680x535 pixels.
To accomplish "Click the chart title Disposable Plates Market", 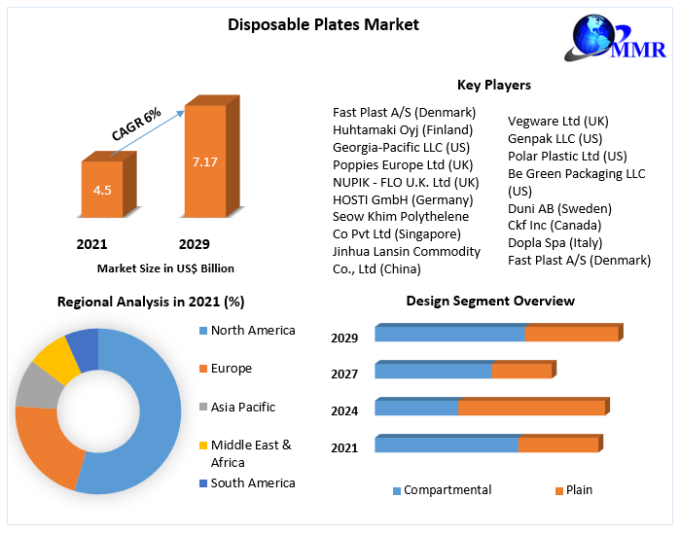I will click(323, 24).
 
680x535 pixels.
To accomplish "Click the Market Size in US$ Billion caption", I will click(165, 267).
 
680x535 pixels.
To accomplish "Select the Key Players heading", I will click(494, 85).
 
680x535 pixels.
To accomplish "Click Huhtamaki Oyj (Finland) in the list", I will click(403, 129).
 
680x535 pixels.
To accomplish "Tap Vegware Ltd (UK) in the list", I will click(557, 121).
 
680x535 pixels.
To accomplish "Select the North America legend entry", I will click(252, 331).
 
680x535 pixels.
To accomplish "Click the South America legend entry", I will click(252, 483).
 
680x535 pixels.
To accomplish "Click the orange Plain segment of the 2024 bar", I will click(531, 408).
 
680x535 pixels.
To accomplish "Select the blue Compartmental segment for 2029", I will click(449, 335).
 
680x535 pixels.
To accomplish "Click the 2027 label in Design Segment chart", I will click(344, 374).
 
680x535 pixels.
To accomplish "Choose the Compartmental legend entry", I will click(447, 490).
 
